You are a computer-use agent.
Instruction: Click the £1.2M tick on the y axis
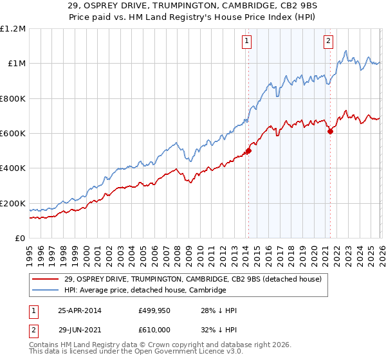tap(13, 28)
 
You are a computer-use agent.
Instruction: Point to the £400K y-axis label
tap(13, 168)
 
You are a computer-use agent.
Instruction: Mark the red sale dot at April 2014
tap(248, 152)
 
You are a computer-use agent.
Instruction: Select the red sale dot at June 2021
tap(330, 131)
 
